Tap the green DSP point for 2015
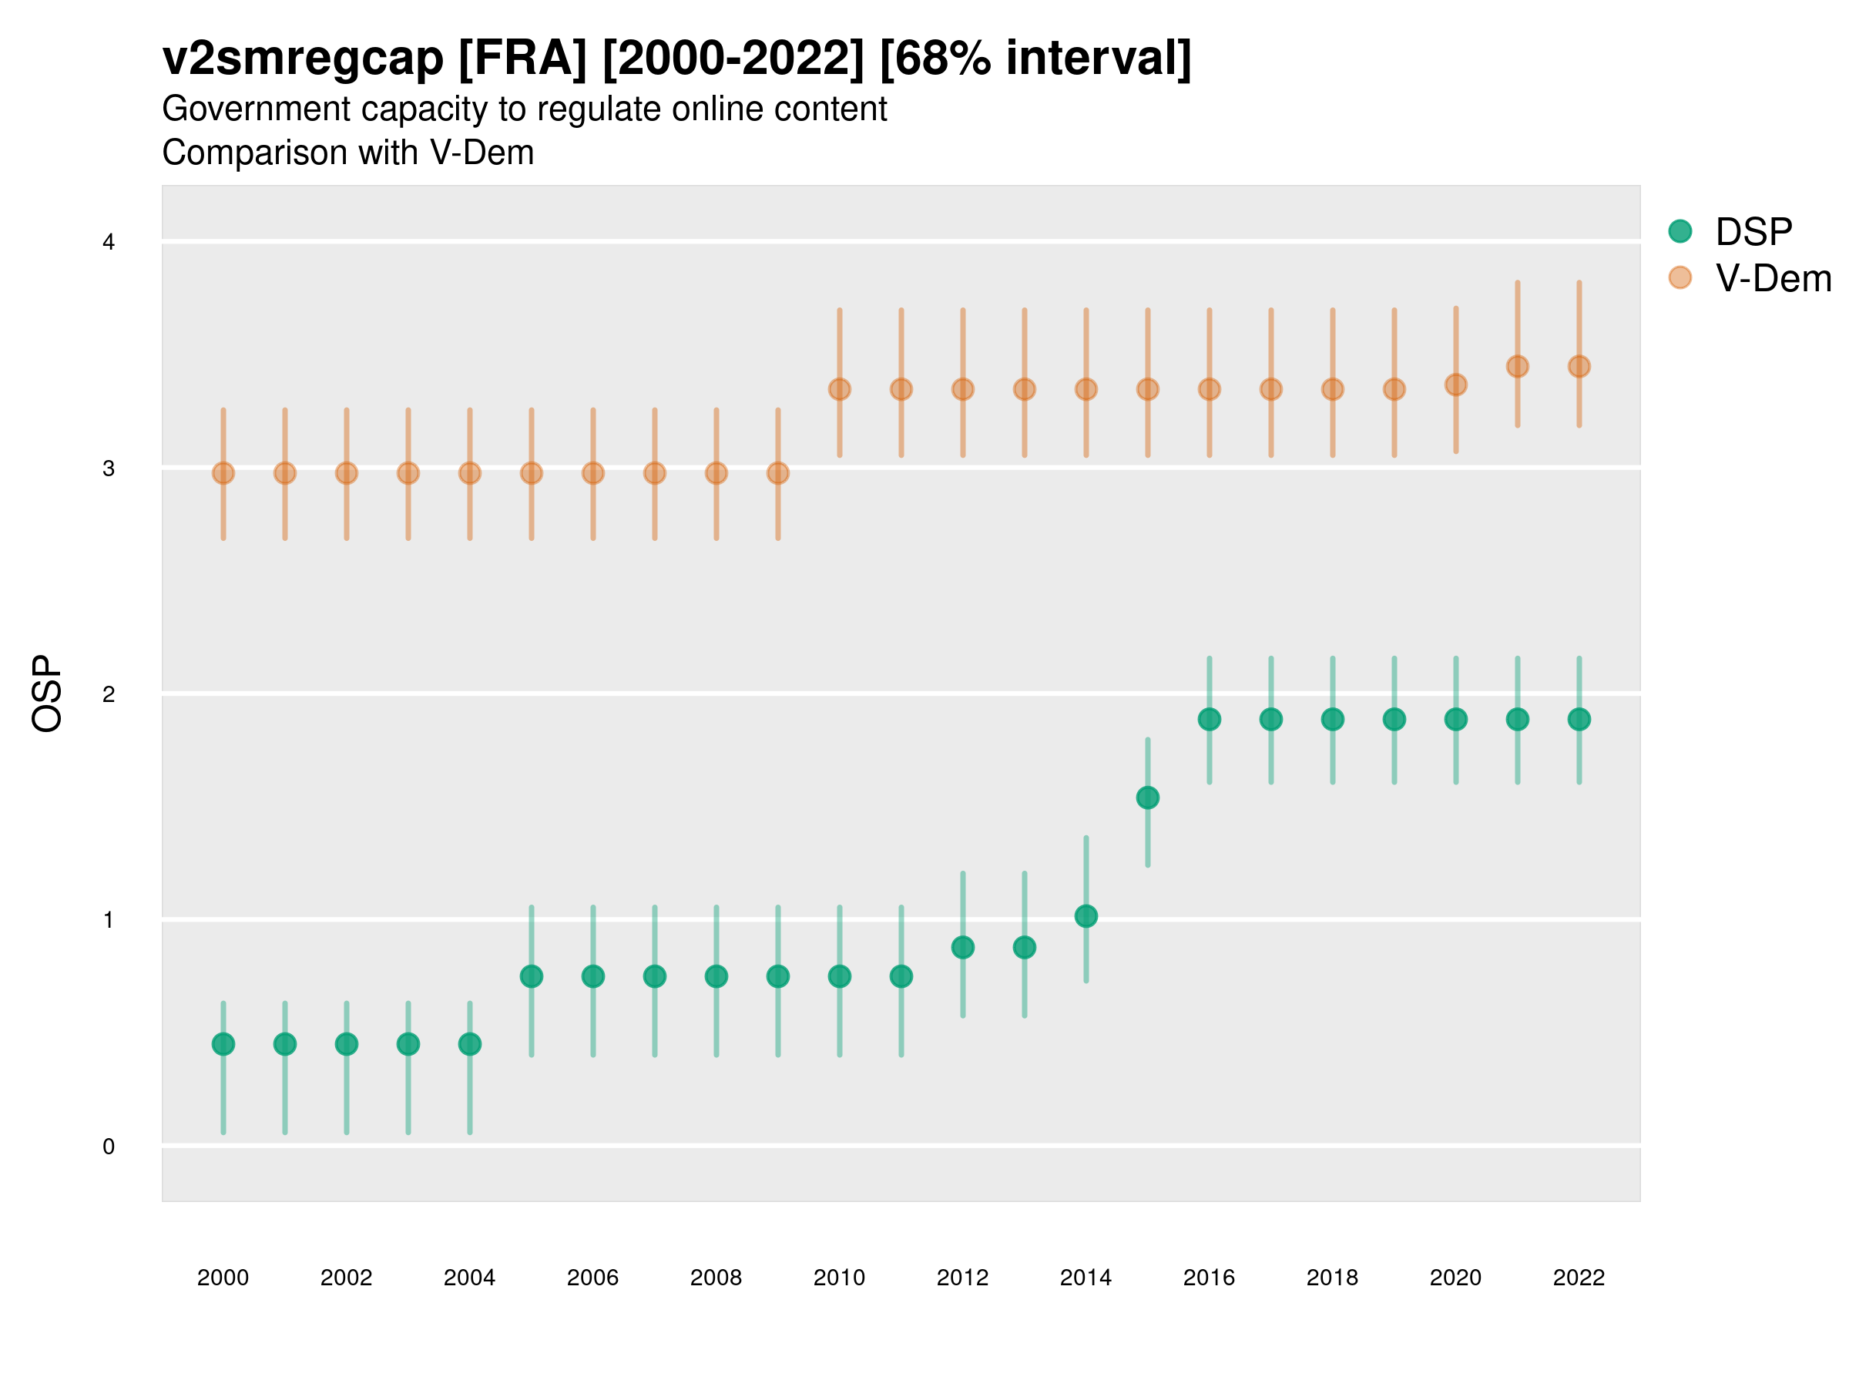[1148, 798]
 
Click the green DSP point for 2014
[1086, 916]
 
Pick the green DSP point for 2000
[223, 1044]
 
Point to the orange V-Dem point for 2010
[839, 390]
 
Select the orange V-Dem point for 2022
[1579, 366]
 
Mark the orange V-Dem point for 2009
[777, 473]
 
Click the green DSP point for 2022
[1579, 719]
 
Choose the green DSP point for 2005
[532, 976]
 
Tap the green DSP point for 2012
[963, 947]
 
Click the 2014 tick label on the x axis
[1086, 1278]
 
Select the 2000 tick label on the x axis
[223, 1278]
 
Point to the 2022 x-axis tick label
[1579, 1278]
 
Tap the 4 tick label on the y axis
[109, 243]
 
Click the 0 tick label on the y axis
[109, 1147]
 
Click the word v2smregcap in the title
[303, 59]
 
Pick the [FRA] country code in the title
[522, 59]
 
